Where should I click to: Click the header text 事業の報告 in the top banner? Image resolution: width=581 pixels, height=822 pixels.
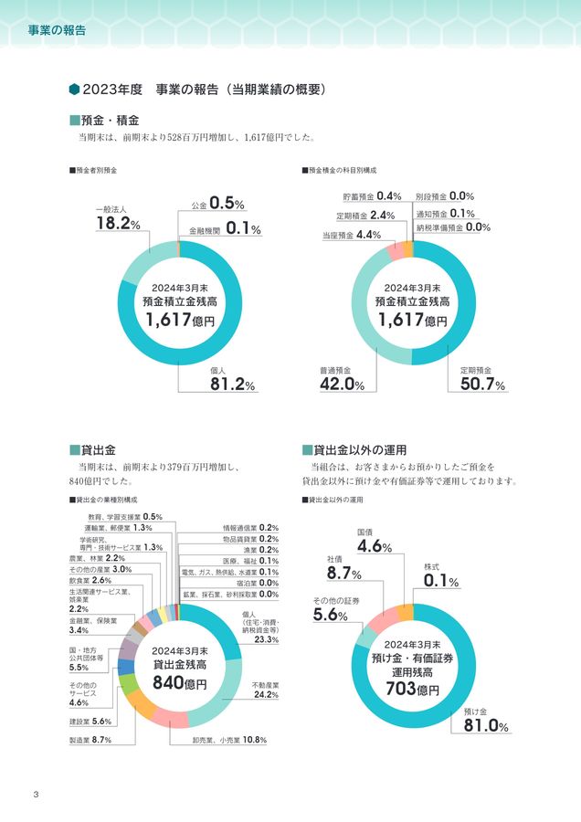(57, 30)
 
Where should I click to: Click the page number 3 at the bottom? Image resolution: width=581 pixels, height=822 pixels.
(35, 792)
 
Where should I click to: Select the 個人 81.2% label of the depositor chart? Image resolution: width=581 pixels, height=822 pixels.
(232, 379)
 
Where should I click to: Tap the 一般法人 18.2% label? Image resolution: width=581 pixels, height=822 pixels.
(117, 219)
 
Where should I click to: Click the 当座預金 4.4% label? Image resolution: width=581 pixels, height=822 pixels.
(351, 235)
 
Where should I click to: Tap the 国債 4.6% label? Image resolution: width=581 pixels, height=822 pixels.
(375, 541)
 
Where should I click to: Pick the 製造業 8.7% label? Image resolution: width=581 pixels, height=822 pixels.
(90, 740)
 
